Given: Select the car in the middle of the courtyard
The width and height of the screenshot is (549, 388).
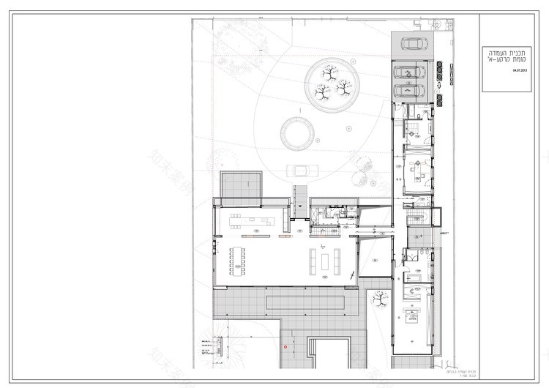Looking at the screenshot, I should pos(300,171).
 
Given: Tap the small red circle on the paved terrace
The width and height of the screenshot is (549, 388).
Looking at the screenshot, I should pos(285,346).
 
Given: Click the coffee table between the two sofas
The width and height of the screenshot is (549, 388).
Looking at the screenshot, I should pos(326,260).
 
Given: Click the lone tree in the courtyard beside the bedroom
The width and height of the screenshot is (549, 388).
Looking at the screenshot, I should pos(380,298).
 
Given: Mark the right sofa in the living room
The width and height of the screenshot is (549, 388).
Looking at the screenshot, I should pos(338,260).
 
